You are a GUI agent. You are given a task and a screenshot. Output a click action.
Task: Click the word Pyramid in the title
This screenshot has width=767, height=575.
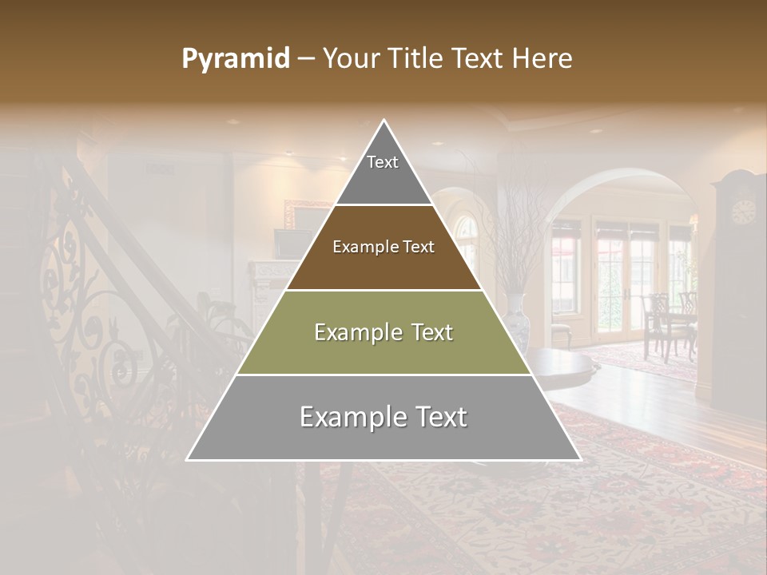coord(235,59)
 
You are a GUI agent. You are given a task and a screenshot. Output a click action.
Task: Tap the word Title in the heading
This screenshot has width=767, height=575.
coord(419,59)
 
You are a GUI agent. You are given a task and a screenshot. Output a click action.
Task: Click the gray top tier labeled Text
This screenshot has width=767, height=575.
coord(383,172)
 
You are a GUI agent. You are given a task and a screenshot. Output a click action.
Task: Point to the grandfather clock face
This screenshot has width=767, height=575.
coord(743,212)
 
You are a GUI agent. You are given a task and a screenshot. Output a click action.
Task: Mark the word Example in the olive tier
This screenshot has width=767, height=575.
coord(348,332)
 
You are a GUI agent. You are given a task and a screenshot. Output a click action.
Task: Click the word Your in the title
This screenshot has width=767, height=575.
coord(350,59)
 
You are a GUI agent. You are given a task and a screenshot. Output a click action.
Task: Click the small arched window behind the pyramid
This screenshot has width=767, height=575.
coord(467,232)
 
